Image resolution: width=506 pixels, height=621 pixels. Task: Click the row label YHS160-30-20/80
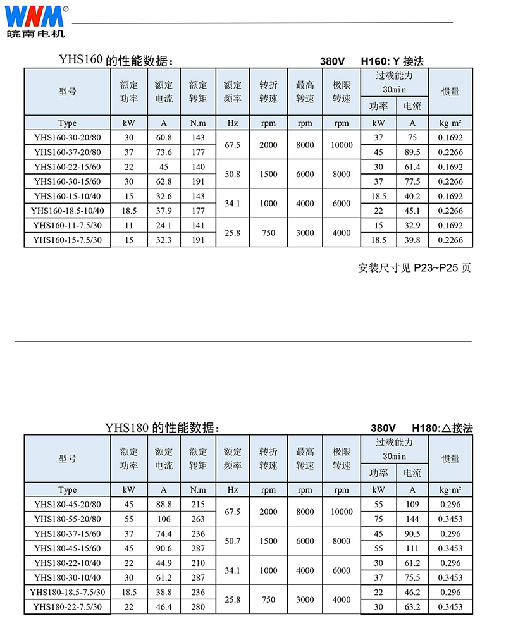click(x=67, y=138)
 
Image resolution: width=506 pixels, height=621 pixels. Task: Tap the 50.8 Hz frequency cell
click(x=232, y=174)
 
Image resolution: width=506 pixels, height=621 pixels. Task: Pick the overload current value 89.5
click(x=412, y=152)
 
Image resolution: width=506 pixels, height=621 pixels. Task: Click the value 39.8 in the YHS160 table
click(x=412, y=240)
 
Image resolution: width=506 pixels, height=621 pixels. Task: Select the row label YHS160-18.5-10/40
click(x=67, y=211)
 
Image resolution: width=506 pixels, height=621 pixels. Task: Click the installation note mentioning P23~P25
click(x=414, y=267)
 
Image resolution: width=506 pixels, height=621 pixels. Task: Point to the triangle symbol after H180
click(x=444, y=428)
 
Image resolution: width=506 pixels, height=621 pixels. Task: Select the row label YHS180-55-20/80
click(x=67, y=519)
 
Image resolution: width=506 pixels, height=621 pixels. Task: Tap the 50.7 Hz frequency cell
click(x=232, y=541)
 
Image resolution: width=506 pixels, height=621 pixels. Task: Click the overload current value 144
click(x=412, y=519)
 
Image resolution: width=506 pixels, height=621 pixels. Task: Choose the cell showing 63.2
click(x=412, y=607)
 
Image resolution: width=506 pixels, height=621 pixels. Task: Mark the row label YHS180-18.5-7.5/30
click(x=67, y=593)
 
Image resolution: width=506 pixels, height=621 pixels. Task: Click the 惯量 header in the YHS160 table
click(x=450, y=92)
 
